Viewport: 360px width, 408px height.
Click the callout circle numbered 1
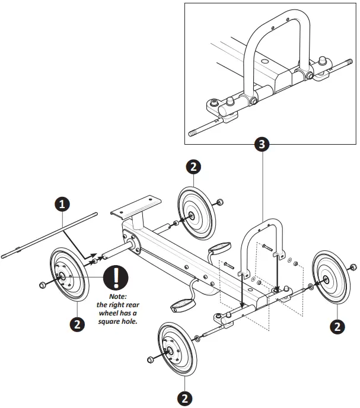pyautogui.click(x=63, y=203)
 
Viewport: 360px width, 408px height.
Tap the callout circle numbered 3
pyautogui.click(x=262, y=144)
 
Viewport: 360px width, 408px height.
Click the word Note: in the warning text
pyautogui.click(x=118, y=297)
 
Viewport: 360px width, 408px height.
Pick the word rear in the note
pyautogui.click(x=132, y=305)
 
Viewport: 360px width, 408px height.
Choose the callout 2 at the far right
pyautogui.click(x=337, y=325)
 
